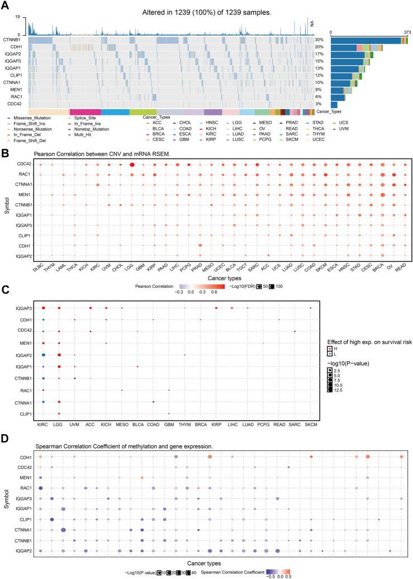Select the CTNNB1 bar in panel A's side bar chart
(x=365, y=40)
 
